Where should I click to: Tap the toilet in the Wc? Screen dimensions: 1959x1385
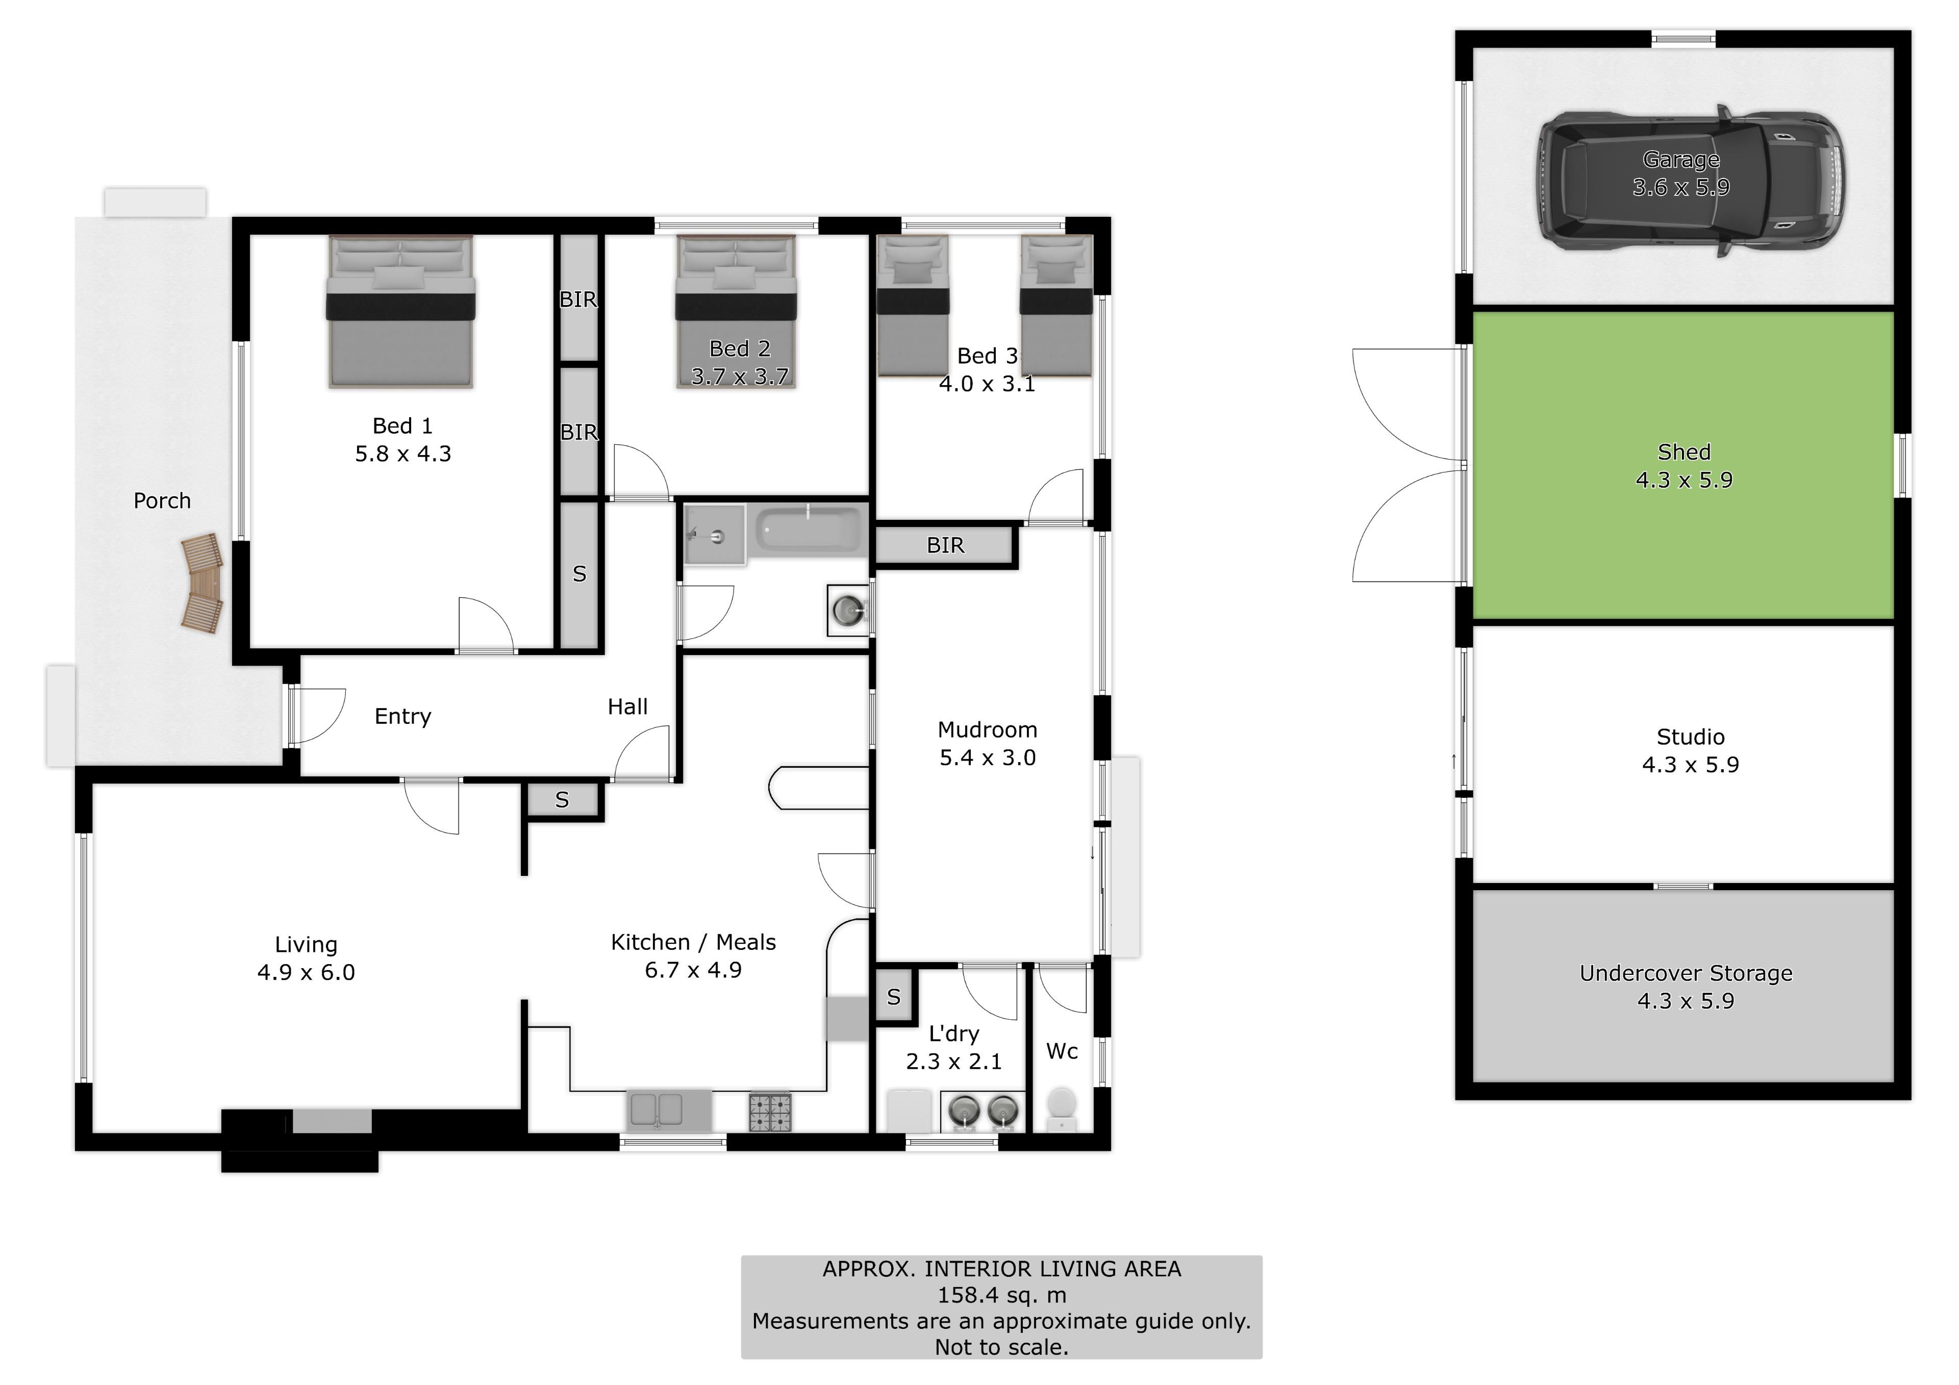click(x=1062, y=1107)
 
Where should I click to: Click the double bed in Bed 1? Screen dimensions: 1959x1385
click(x=401, y=312)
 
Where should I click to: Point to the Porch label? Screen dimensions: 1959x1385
click(x=162, y=501)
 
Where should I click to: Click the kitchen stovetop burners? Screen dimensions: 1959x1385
click(x=770, y=1112)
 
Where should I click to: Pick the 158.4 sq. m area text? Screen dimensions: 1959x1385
click(x=1001, y=1295)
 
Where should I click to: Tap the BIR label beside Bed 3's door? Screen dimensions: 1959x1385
click(x=945, y=545)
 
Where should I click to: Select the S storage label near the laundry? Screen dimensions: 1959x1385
click(x=893, y=997)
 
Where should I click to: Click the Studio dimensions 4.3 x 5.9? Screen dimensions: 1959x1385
click(x=1690, y=765)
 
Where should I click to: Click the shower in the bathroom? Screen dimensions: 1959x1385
click(x=714, y=534)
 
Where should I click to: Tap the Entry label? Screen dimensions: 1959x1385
click(x=403, y=717)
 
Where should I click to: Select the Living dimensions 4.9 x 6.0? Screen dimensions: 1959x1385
click(x=306, y=972)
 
